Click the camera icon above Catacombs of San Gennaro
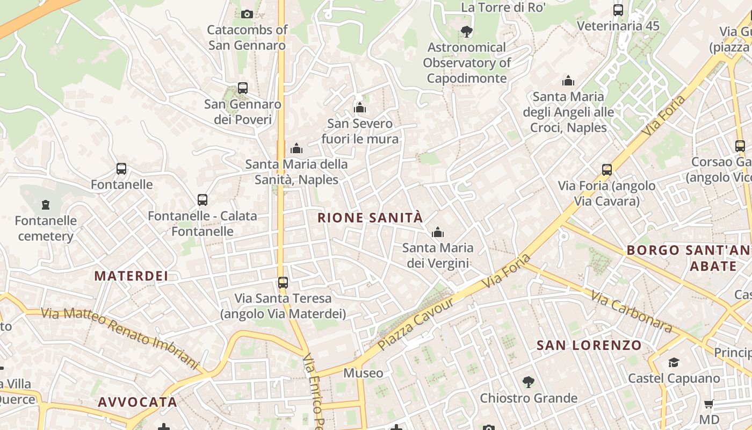pyautogui.click(x=247, y=14)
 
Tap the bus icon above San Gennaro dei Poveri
pyautogui.click(x=243, y=88)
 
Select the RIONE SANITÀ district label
pyautogui.click(x=370, y=218)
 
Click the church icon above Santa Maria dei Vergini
pyautogui.click(x=438, y=232)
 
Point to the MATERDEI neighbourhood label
pyautogui.click(x=131, y=276)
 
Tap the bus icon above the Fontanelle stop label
pyautogui.click(x=121, y=169)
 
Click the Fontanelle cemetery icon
pyautogui.click(x=46, y=204)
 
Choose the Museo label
pyautogui.click(x=364, y=373)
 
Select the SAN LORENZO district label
pyautogui.click(x=589, y=345)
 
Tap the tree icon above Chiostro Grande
pyautogui.click(x=529, y=382)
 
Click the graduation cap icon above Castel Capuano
pyautogui.click(x=674, y=362)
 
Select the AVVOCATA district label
pyautogui.click(x=138, y=402)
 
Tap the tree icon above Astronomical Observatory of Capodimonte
pyautogui.click(x=467, y=31)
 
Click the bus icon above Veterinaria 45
pyautogui.click(x=618, y=10)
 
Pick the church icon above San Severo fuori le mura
pyautogui.click(x=360, y=108)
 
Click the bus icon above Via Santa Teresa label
pyautogui.click(x=283, y=282)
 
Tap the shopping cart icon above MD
pyautogui.click(x=709, y=404)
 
